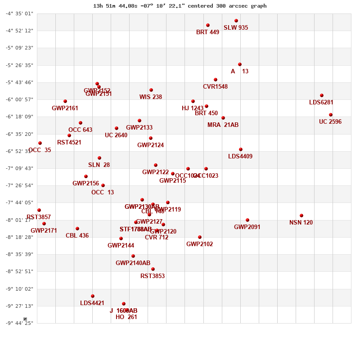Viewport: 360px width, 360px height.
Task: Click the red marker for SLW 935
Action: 236,21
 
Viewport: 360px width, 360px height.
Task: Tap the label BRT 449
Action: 207,32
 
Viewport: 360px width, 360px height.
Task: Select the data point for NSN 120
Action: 301,216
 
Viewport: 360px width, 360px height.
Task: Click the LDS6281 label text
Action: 321,103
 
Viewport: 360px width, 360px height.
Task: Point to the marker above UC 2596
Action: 331,115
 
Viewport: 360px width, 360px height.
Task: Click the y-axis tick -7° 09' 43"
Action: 19,168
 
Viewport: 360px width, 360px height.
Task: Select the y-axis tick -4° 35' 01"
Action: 19,13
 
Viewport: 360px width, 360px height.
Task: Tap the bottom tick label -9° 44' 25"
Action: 19,323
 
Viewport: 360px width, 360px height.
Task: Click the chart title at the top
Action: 180,6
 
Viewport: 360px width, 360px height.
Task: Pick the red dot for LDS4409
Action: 241,149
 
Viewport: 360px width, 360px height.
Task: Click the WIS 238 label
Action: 151,97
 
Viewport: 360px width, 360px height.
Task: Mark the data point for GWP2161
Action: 65,101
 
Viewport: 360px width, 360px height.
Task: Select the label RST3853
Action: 153,276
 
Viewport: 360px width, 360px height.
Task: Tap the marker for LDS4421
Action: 93,296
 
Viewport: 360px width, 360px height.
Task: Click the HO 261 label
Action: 126,317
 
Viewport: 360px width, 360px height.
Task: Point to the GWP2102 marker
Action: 200,237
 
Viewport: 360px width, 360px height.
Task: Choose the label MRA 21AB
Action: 223,125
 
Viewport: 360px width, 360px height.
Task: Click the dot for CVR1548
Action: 216,80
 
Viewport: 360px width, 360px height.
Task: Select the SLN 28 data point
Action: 99,158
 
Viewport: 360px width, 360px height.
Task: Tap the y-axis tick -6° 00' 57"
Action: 19,99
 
